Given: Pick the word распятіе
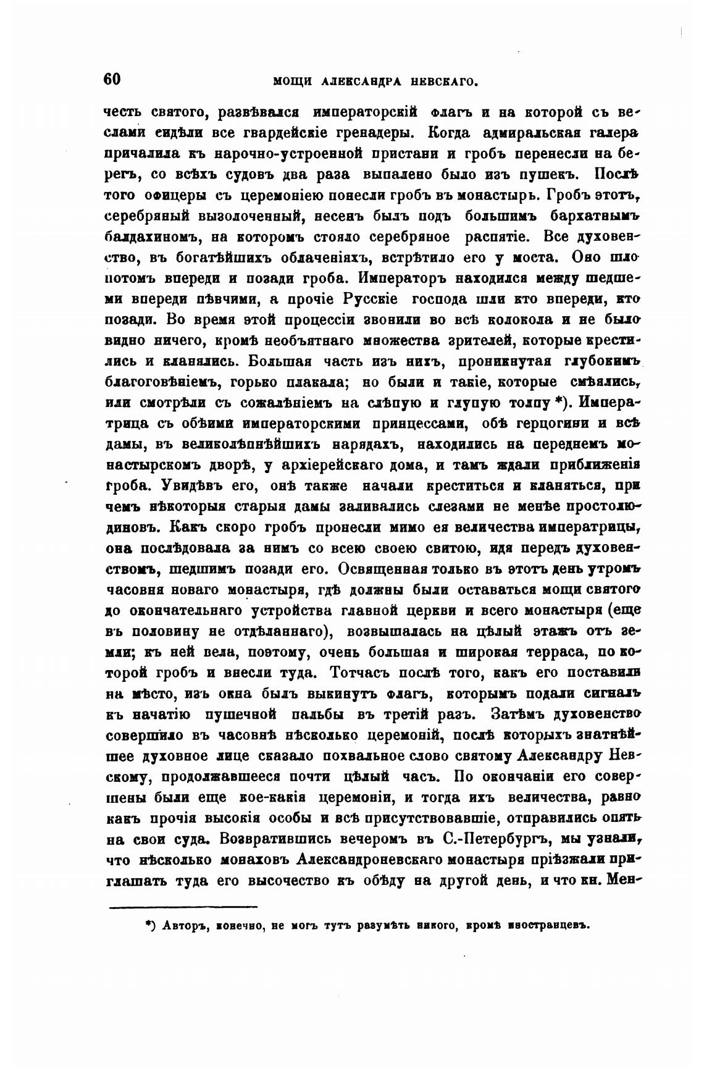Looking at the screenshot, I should tap(499, 237).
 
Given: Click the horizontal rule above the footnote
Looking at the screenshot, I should tap(183, 907).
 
